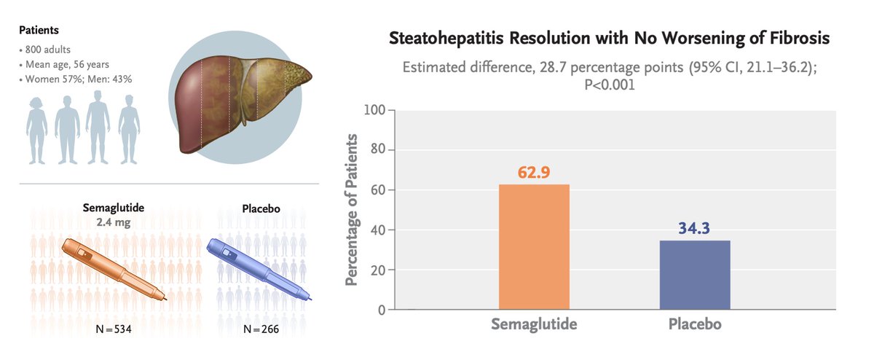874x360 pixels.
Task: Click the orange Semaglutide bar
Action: [x=534, y=247]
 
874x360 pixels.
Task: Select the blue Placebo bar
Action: [x=695, y=275]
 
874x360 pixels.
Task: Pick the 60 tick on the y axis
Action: [x=378, y=190]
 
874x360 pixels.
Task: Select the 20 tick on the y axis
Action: [x=378, y=270]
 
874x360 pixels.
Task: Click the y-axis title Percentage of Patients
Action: [x=352, y=210]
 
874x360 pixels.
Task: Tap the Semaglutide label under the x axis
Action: [x=534, y=324]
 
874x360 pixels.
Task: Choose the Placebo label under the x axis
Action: [x=695, y=324]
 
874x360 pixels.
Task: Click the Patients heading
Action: [x=39, y=31]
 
